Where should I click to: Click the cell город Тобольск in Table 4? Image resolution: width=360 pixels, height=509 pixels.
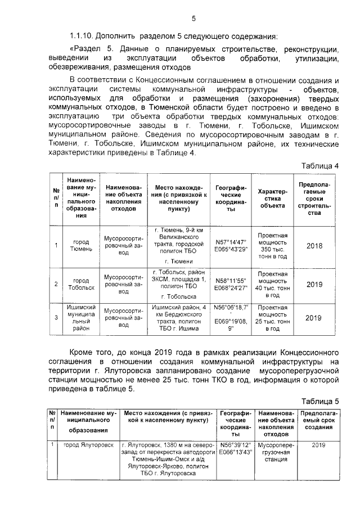[82, 284]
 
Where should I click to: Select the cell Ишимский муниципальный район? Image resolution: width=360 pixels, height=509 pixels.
[82, 319]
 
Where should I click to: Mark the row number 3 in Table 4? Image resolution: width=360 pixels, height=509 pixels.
[56, 318]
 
